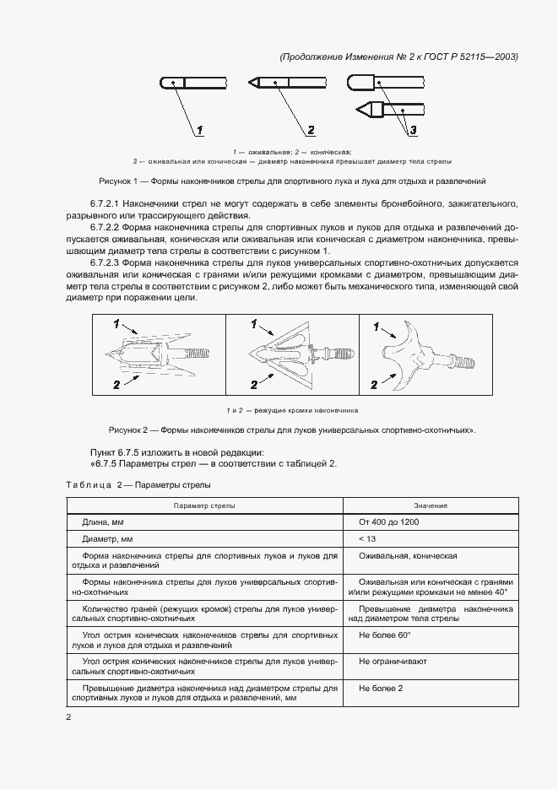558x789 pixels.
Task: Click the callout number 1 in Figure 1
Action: point(200,130)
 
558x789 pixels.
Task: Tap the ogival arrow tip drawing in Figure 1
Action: point(193,83)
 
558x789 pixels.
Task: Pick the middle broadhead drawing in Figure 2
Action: point(291,354)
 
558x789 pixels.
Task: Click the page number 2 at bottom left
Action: point(69,717)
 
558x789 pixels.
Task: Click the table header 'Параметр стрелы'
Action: point(204,505)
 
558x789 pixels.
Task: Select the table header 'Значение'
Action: point(431,505)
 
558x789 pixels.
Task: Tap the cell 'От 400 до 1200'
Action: point(389,522)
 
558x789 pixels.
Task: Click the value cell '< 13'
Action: point(367,538)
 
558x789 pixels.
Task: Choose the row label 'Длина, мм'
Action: point(106,522)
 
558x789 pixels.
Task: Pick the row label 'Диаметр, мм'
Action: point(108,538)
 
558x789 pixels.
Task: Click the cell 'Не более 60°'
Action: point(384,634)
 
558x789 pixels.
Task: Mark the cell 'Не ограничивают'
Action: point(393,661)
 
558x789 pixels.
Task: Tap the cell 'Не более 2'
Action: point(381,688)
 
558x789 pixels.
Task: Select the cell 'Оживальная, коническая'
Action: point(408,556)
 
